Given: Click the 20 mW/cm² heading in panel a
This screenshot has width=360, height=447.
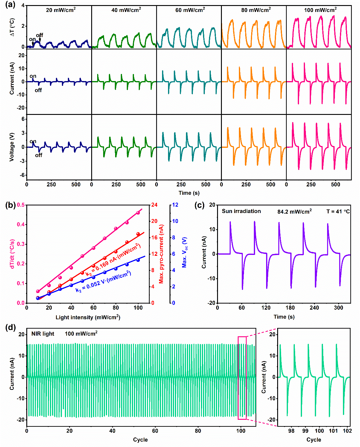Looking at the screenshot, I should click(x=61, y=10).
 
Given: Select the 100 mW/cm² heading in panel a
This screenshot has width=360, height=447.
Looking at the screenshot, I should click(x=320, y=10).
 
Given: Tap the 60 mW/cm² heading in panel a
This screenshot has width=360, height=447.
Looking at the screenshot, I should click(x=190, y=10).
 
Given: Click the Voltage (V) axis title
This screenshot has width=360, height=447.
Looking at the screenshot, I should click(x=12, y=147).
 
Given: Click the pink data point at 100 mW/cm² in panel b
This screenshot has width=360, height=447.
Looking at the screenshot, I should click(x=138, y=213).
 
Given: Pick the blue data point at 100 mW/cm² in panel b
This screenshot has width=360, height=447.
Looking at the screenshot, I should click(x=138, y=260).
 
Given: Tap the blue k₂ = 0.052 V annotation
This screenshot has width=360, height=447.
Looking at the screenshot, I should click(x=103, y=282).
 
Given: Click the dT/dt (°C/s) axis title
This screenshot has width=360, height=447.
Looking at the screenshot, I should click(x=12, y=254).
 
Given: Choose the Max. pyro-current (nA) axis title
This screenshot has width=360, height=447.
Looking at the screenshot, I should click(x=161, y=254).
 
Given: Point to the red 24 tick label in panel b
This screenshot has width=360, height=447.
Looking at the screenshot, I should click(x=154, y=205).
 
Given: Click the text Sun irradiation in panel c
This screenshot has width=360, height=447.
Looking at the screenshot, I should click(x=241, y=211).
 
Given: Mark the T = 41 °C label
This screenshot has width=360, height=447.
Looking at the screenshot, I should click(x=338, y=212).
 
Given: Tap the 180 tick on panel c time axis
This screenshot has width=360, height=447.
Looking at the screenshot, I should click(x=290, y=308).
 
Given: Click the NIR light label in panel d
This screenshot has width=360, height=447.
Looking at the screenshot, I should click(x=43, y=334).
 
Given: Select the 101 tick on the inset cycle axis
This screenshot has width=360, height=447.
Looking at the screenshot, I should click(x=333, y=431).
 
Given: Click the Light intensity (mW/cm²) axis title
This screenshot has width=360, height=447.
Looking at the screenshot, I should click(x=88, y=317).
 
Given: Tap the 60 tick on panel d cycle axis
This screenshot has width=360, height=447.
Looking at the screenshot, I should click(x=155, y=431).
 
